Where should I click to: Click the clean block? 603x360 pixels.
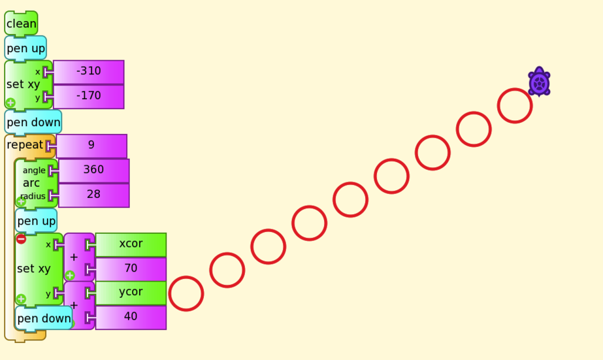[21, 24]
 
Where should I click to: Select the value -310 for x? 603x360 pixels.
[88, 72]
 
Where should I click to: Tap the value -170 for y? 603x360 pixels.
[88, 97]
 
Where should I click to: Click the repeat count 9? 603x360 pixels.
[91, 146]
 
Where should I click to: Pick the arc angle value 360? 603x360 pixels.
[93, 170]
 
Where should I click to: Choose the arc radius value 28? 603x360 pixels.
[93, 195]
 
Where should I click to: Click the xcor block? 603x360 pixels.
[131, 244]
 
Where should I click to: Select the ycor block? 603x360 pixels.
[131, 292]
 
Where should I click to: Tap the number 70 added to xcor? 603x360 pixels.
[131, 269]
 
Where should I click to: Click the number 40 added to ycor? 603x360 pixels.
[131, 317]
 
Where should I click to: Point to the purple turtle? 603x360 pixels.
[539, 82]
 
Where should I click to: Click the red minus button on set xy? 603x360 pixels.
[21, 239]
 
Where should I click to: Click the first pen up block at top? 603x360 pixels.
[25, 48]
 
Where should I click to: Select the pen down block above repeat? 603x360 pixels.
[33, 122]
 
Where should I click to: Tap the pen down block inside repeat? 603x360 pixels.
[44, 319]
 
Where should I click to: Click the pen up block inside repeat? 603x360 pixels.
[36, 221]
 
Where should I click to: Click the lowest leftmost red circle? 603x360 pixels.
[186, 293]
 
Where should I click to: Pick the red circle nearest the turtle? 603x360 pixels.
[515, 106]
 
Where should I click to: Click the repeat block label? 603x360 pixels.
[25, 145]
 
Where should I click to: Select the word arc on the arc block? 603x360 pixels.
[31, 183]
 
